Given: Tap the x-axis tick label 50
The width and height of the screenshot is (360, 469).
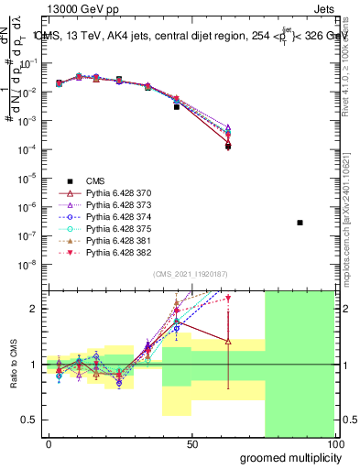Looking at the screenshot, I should coord(191,443).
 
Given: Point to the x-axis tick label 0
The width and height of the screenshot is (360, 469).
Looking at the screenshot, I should coord(49,443).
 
